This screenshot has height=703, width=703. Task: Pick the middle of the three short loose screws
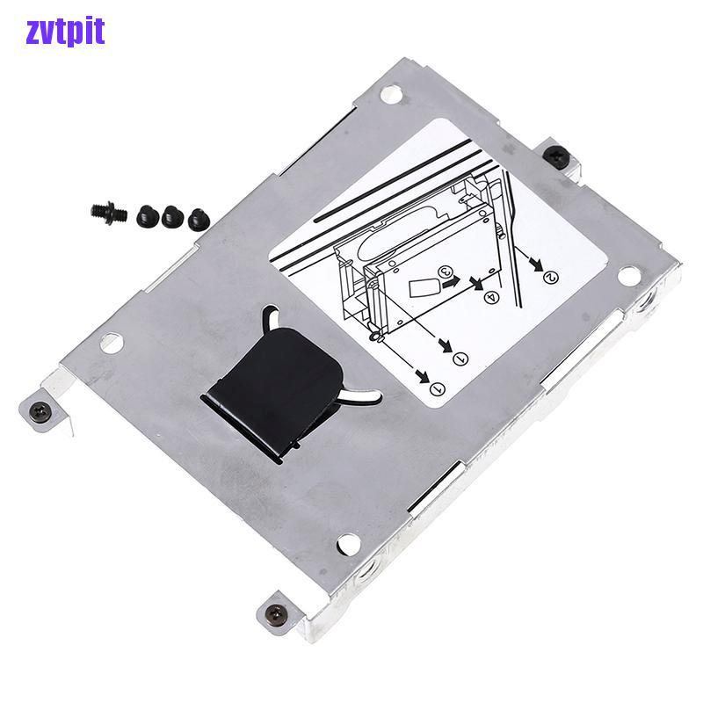(170, 213)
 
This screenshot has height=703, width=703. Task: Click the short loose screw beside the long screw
(146, 212)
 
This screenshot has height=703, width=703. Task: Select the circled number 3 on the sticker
(446, 272)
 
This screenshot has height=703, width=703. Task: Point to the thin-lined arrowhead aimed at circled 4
(477, 283)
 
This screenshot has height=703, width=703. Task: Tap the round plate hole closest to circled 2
(628, 276)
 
